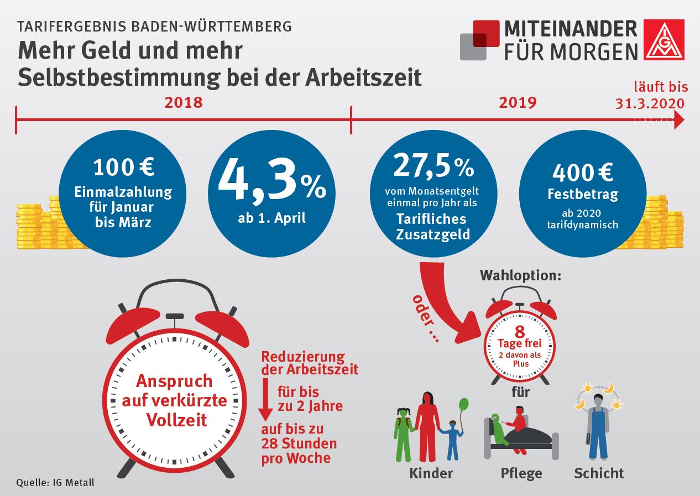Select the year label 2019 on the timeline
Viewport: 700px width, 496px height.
[518, 102]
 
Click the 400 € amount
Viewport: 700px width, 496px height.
[582, 173]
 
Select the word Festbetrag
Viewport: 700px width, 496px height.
[583, 195]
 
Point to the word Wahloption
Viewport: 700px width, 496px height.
[520, 275]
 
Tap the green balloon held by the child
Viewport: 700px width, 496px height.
[464, 405]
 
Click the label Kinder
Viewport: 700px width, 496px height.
[431, 473]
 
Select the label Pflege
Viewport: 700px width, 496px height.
[521, 474]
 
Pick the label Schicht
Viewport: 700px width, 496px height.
[599, 474]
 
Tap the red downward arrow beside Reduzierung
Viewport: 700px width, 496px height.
[266, 401]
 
